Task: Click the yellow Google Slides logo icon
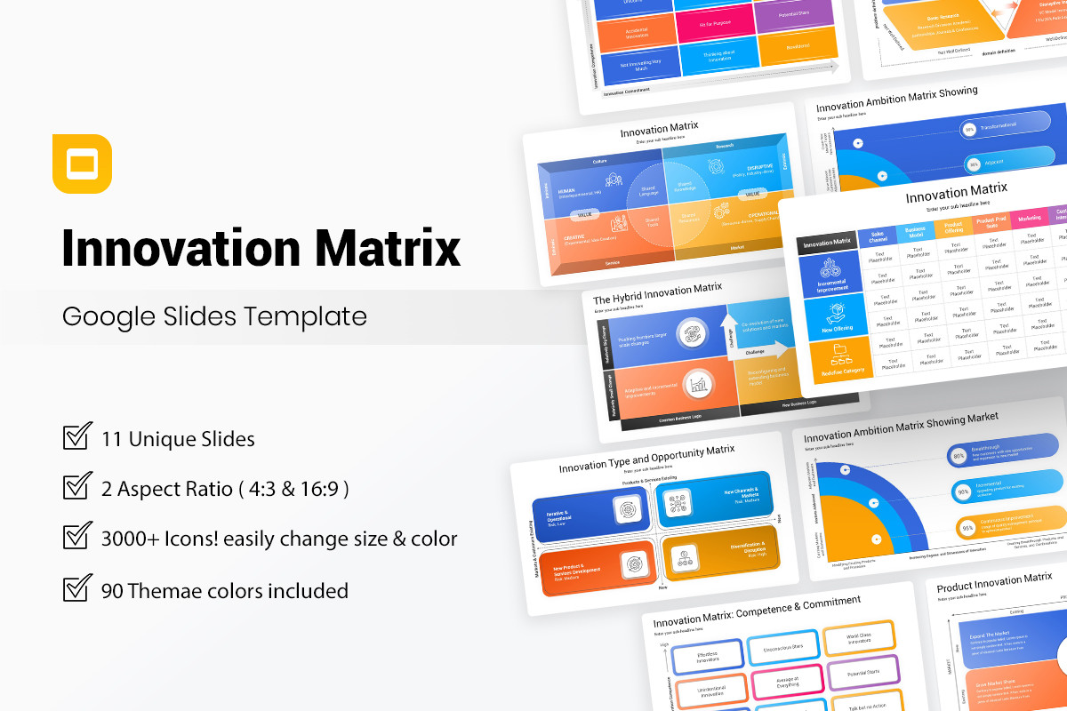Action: (82, 164)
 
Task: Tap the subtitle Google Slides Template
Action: (213, 316)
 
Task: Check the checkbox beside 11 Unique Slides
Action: (78, 437)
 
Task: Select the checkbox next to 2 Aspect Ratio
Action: (78, 488)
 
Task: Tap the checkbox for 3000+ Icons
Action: (78, 538)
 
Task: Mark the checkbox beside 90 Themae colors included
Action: (78, 588)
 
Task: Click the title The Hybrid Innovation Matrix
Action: (658, 292)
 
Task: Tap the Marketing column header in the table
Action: (1029, 217)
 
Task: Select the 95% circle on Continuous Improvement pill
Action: (967, 529)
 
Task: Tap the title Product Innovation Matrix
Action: (994, 582)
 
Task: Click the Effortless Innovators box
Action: (707, 658)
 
